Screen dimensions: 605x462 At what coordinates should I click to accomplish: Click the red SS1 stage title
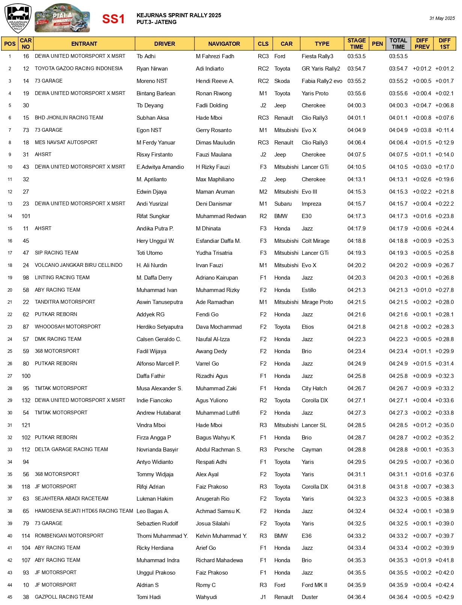[113, 19]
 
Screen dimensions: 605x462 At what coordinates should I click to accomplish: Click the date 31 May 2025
[442, 18]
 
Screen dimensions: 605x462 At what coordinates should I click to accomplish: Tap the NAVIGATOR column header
[224, 44]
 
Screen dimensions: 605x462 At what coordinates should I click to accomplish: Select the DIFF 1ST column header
[444, 44]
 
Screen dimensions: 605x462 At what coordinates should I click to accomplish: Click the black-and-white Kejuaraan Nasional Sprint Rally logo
[18, 18]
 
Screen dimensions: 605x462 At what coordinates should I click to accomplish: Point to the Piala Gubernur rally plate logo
[62, 18]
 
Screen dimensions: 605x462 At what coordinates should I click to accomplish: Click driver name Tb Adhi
[146, 56]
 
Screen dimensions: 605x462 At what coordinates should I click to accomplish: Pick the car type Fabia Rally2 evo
[322, 81]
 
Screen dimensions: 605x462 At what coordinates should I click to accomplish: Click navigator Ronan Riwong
[214, 93]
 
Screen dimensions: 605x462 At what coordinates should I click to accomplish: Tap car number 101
[26, 216]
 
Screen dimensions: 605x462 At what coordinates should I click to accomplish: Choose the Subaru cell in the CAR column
[283, 204]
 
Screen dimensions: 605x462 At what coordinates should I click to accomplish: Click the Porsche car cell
[284, 450]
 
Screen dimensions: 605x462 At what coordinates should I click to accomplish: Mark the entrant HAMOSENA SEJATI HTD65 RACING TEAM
[84, 511]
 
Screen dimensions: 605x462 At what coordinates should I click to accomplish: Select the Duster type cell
[310, 597]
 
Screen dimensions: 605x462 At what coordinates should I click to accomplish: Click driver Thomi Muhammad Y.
[162, 536]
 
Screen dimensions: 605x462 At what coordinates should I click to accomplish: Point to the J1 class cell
[263, 597]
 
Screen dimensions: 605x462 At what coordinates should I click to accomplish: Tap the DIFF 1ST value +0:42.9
[444, 597]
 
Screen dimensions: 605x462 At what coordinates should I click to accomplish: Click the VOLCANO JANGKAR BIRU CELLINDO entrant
[78, 265]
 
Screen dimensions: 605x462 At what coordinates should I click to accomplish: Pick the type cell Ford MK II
[314, 585]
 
